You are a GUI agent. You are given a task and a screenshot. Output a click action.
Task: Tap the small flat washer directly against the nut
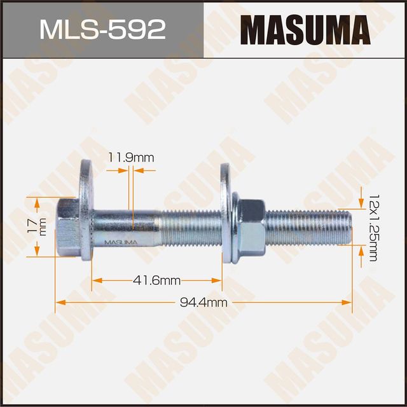pyautogui.click(x=236, y=226)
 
